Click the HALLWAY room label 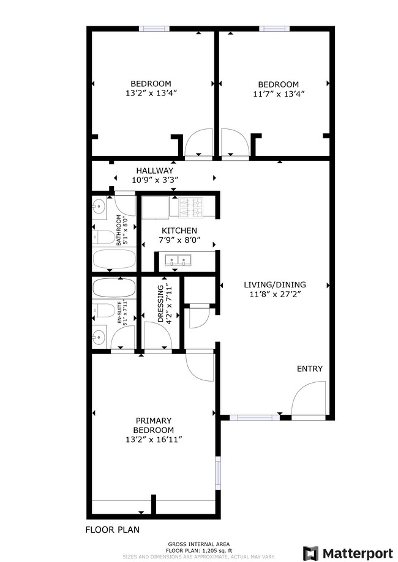154,170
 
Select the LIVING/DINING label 274,284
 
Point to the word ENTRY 309,369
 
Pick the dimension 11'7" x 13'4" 278,94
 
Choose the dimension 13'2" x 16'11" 153,439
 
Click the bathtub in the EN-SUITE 115,287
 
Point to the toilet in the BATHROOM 103,237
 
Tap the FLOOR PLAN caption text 112,530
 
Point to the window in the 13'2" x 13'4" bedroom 154,28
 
